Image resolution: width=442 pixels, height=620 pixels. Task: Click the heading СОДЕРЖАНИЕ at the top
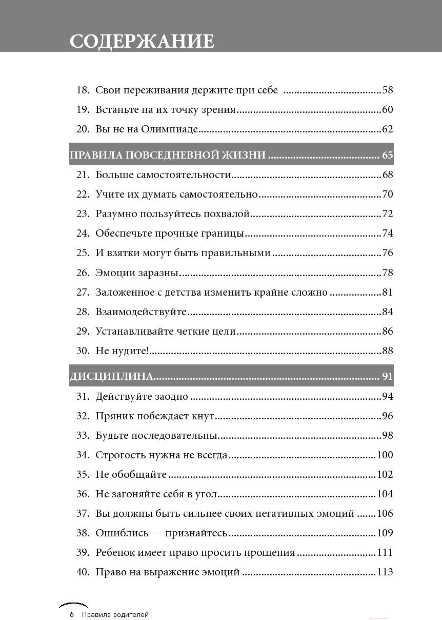[142, 41]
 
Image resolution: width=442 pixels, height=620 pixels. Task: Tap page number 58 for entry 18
[388, 90]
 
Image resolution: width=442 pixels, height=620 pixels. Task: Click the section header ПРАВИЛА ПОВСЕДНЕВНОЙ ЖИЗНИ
[168, 155]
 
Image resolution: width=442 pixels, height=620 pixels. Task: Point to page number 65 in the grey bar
[387, 155]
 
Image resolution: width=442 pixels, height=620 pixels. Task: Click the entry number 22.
[83, 195]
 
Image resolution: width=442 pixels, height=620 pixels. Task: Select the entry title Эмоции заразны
[137, 273]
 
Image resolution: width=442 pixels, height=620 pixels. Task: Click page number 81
[388, 292]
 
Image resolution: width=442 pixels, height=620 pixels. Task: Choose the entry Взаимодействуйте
[141, 312]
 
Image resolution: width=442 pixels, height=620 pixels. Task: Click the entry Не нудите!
[122, 351]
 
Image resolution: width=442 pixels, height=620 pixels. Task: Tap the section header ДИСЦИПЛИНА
[111, 377]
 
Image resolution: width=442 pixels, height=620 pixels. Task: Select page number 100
[385, 455]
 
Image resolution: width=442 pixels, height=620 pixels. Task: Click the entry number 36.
[83, 494]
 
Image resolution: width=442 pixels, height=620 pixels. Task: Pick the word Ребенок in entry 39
[116, 553]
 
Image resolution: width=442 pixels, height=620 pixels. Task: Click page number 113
[385, 572]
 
